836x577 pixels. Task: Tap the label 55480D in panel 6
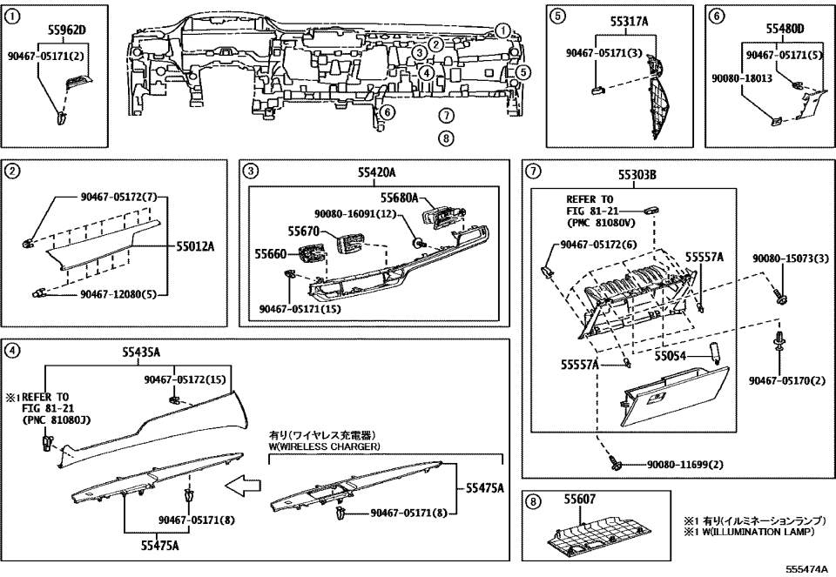click(x=785, y=29)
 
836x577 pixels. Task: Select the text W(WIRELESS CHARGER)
click(x=325, y=446)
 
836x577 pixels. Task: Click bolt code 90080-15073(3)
click(x=786, y=259)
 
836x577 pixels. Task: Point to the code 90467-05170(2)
click(x=785, y=379)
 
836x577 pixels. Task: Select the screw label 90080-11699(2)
click(x=684, y=465)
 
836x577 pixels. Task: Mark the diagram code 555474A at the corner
click(x=807, y=569)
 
